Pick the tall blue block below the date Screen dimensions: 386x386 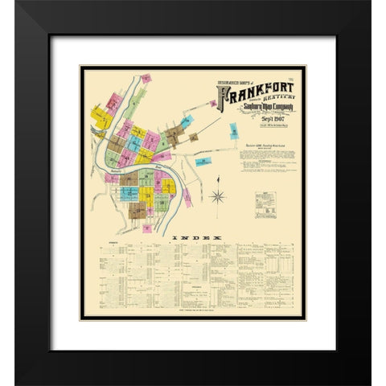click(x=234, y=131)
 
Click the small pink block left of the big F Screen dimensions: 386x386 click(x=212, y=104)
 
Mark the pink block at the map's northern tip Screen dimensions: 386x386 click(x=146, y=79)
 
